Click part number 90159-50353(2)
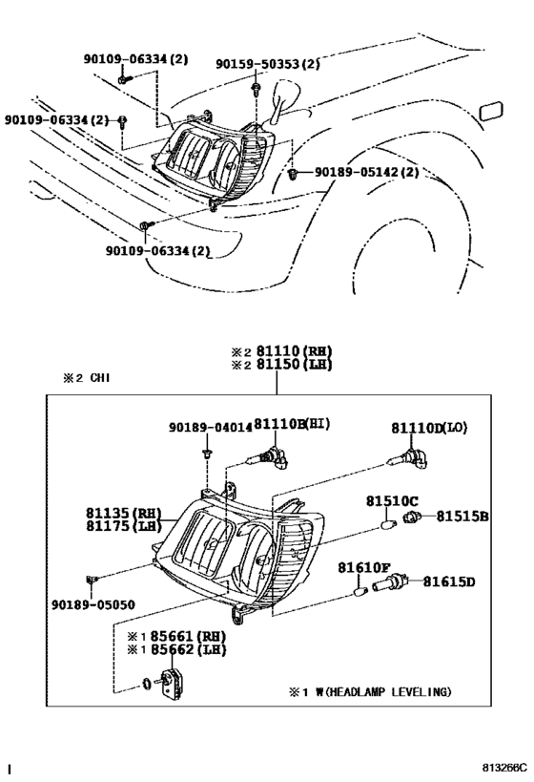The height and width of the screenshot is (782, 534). coord(268,64)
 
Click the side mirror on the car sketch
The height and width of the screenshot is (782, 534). coord(284,100)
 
